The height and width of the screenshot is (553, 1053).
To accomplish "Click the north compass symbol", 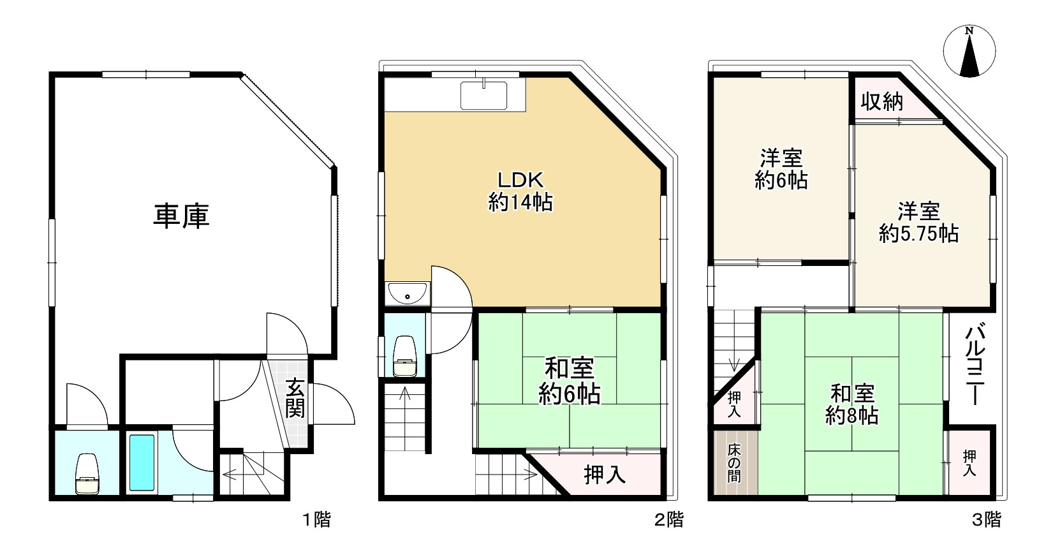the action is click(x=969, y=51).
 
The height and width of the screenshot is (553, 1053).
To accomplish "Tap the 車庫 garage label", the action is click(x=182, y=216).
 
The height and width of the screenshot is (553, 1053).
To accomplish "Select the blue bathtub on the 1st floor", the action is click(x=142, y=462).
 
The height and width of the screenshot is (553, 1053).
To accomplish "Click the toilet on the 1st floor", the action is click(x=87, y=474).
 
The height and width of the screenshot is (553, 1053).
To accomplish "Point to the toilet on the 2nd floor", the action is click(x=405, y=356).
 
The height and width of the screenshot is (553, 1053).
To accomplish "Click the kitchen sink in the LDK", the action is click(x=483, y=96).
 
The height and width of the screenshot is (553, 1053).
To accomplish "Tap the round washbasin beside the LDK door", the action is click(x=408, y=293).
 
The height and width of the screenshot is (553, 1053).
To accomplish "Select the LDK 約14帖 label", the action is click(x=520, y=191).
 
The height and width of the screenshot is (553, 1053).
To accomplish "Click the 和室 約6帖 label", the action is click(x=570, y=381).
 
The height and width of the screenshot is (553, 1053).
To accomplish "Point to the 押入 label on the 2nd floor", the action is click(x=605, y=475).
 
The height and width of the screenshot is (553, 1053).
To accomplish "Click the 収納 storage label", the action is click(x=882, y=101).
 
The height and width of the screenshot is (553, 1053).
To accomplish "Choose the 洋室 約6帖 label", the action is click(x=781, y=169).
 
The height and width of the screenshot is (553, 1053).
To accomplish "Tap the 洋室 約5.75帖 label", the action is click(x=919, y=223).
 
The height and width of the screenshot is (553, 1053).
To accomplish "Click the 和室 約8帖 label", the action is click(x=852, y=404).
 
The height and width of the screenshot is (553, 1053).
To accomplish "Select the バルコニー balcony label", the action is click(x=975, y=365).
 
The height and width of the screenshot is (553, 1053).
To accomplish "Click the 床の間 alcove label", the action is click(x=734, y=463).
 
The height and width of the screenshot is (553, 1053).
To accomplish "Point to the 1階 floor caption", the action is click(x=316, y=520).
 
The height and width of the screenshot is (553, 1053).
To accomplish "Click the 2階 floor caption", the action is click(x=669, y=520).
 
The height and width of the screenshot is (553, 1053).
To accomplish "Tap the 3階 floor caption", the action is click(x=986, y=520).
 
